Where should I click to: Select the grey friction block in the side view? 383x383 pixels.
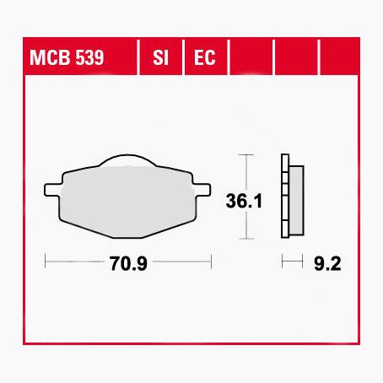pyautogui.click(x=295, y=199)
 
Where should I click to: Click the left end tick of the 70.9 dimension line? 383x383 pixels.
pyautogui.click(x=45, y=262)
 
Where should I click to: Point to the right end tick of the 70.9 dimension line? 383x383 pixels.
pyautogui.click(x=211, y=262)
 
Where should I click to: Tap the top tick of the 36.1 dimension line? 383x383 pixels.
pyautogui.click(x=245, y=156)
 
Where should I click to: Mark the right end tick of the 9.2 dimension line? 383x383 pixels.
pyautogui.click(x=302, y=262)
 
